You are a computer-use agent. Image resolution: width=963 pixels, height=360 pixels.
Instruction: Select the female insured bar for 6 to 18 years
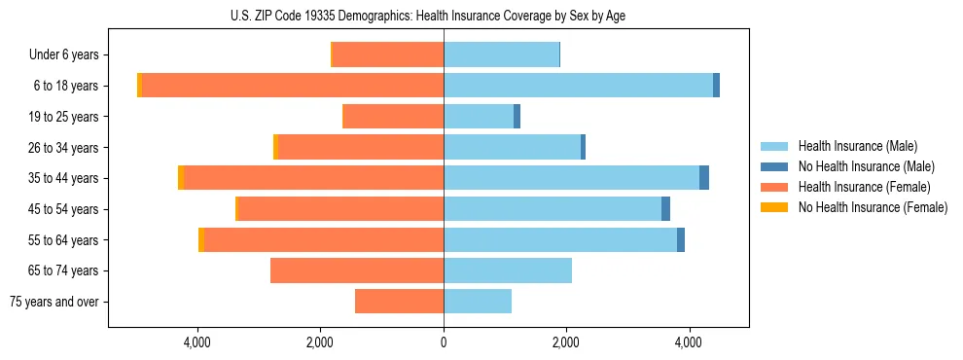292,86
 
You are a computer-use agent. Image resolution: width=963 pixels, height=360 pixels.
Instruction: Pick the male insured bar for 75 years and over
477,302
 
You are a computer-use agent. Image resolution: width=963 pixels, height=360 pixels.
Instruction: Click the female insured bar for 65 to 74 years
356,270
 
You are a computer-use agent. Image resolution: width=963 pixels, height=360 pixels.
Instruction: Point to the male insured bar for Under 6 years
501,54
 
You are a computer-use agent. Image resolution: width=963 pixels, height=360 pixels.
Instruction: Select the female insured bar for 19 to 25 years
393,117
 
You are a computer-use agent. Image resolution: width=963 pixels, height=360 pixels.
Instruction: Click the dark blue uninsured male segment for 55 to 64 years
681,240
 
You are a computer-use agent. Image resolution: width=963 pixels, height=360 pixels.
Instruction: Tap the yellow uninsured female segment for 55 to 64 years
201,240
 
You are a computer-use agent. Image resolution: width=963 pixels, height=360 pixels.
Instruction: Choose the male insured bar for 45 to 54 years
552,209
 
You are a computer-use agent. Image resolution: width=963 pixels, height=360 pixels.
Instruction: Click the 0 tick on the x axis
444,342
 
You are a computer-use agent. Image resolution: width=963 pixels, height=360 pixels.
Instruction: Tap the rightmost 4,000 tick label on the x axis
689,342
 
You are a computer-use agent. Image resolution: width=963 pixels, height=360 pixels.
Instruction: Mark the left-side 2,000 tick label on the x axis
321,342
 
